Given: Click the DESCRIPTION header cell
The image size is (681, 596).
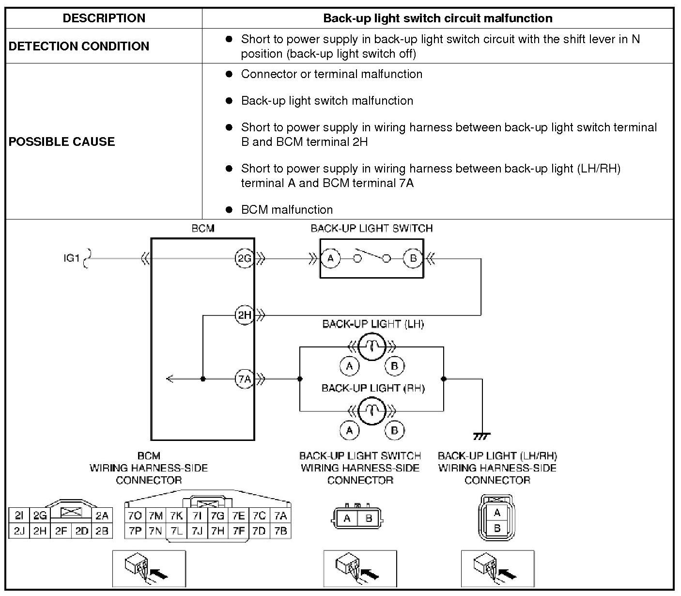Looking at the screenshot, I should [104, 18].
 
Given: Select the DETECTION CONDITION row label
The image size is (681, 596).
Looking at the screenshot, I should [79, 46].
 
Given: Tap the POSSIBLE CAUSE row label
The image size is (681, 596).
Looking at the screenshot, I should [62, 141].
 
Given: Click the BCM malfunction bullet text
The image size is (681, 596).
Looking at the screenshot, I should [287, 209].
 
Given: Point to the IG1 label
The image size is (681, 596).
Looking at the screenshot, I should [71, 258].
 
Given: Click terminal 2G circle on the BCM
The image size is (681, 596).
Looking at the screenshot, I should [244, 258].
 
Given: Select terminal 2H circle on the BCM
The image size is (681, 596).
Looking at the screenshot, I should [244, 315].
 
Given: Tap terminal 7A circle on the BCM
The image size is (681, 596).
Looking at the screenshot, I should [244, 379].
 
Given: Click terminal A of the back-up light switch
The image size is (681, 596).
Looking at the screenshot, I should [331, 258].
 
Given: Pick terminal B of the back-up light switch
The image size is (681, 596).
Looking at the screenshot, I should [413, 258].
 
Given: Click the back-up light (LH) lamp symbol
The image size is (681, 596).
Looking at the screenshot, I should [372, 347].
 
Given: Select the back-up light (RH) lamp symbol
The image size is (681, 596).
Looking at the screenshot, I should [372, 411].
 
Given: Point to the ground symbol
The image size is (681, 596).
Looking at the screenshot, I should [481, 436].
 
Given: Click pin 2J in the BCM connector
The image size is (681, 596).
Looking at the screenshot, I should [19, 531].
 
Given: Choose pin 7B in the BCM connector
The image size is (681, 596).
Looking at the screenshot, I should [280, 531].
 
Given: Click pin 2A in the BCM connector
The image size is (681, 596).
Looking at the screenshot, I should [102, 516].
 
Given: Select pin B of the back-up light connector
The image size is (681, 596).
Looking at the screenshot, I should [497, 528].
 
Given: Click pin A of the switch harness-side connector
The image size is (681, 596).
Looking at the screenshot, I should [347, 518].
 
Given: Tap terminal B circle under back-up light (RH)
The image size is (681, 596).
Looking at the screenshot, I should [394, 430].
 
